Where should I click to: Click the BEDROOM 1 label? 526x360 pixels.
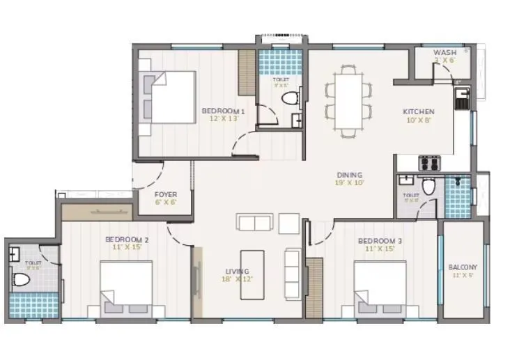(223, 111)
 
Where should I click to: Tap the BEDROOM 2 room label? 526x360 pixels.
(127, 239)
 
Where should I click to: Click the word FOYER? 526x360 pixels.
(166, 195)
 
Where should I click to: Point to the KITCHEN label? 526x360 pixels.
(419, 111)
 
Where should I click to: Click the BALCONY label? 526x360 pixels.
(463, 267)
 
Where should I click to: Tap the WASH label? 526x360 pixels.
(444, 53)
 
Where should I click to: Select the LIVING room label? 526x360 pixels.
(237, 272)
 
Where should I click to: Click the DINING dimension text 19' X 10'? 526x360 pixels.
(348, 183)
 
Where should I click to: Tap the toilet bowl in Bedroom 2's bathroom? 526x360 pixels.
(21, 281)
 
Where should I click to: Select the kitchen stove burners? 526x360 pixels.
(428, 163)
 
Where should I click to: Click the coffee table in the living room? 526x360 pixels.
(253, 274)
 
